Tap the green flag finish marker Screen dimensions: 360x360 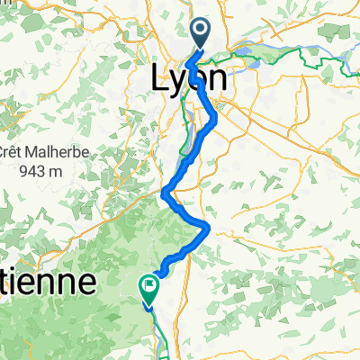pos(148,287)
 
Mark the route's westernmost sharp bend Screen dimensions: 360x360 pos(165,192)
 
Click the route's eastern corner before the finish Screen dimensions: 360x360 pos(209,229)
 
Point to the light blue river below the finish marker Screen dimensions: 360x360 pos(154,333)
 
